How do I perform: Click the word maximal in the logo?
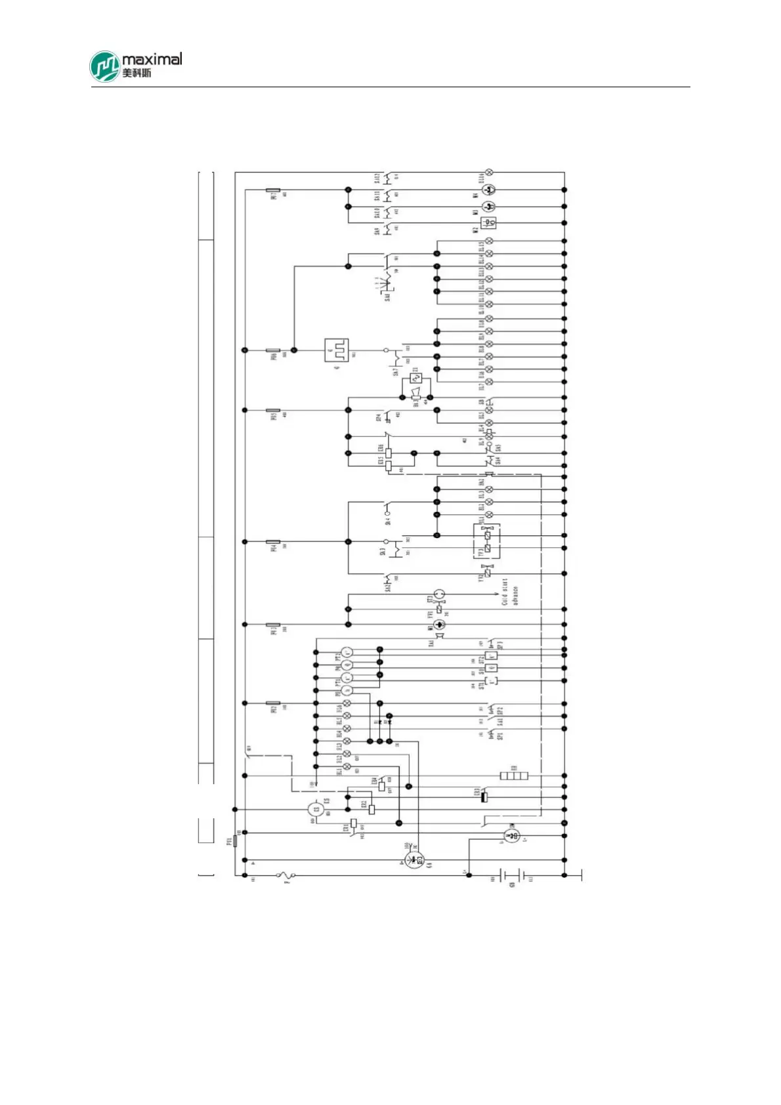click(152, 59)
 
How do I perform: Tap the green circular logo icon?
click(105, 66)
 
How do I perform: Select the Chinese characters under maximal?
click(137, 72)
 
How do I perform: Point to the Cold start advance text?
click(510, 592)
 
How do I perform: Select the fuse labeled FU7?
click(273, 190)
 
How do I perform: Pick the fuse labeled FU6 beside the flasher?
click(273, 350)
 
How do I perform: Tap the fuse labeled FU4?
click(273, 542)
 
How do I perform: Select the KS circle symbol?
click(316, 810)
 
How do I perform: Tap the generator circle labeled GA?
click(413, 860)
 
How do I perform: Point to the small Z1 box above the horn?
click(415, 379)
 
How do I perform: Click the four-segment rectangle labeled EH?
click(514, 776)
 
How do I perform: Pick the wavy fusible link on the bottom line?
click(286, 875)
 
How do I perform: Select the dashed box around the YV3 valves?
click(487, 541)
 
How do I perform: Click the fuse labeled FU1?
click(236, 841)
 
